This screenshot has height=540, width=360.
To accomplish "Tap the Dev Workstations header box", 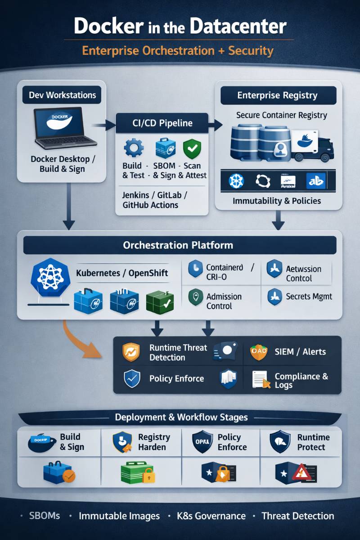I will (62, 95).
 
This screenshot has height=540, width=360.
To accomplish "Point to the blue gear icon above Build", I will (133, 148).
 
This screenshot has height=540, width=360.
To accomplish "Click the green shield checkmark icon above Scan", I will (192, 148).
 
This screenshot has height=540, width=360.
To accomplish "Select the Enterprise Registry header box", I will (278, 95).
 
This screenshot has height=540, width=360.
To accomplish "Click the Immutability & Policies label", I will (277, 201).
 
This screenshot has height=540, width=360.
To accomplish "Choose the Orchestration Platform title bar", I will (178, 245).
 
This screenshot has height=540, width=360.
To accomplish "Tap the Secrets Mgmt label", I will (309, 297).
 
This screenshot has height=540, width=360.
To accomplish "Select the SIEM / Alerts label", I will (300, 351).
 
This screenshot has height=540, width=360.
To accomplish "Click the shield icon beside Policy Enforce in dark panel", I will (132, 378).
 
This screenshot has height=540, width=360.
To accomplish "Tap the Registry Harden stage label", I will (154, 442).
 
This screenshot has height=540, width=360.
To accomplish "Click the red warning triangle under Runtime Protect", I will (297, 472).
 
